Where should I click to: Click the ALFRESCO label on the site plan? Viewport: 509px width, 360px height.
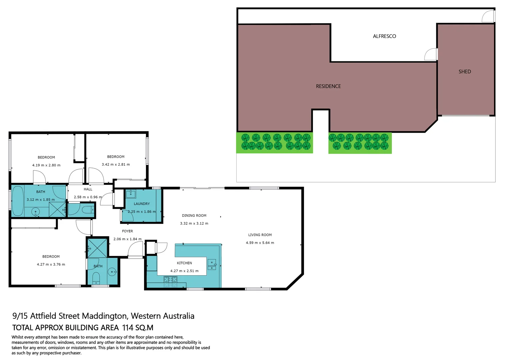pos(384,36)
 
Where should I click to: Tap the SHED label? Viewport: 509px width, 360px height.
pos(465,72)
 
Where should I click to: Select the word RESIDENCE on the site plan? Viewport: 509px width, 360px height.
pos(328,86)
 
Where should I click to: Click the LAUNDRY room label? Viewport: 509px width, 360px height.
pos(142,204)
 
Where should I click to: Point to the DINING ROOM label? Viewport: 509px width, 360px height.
pos(194,216)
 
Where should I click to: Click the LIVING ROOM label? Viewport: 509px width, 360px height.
pos(260,235)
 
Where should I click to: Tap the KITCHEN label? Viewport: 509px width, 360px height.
pos(184,263)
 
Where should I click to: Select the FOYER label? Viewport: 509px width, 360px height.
pos(127,231)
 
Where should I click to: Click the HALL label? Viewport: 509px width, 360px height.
pos(88,189)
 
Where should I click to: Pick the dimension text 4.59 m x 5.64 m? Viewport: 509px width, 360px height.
pos(260,243)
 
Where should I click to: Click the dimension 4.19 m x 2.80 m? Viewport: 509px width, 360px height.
pos(46,165)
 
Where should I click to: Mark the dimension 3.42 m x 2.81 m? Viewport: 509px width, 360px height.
pos(116,165)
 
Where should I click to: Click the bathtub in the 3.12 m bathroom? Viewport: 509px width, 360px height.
pos(18,201)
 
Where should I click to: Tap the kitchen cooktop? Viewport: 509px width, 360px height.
pos(170,282)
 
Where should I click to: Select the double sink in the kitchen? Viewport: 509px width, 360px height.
pos(212,265)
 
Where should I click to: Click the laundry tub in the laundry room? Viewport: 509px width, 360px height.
pos(131,194)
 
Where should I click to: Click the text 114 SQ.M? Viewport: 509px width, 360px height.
pos(138,328)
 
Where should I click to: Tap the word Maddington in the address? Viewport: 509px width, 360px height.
pos(105,316)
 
